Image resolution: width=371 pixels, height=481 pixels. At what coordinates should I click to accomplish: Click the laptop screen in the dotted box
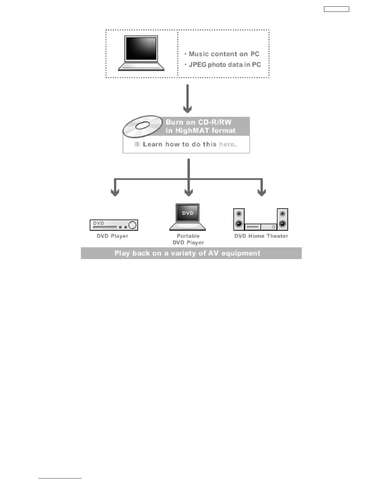coord(141,49)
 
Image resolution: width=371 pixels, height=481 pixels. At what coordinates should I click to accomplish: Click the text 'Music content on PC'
coord(224,54)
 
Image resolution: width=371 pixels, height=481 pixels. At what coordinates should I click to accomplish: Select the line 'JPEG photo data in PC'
coord(224,65)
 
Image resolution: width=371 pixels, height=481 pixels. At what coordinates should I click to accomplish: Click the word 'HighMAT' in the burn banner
coord(192,131)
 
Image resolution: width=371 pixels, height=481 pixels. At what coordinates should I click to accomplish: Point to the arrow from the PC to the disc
coord(188,99)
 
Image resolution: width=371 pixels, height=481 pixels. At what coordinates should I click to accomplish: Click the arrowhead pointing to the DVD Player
coord(115,192)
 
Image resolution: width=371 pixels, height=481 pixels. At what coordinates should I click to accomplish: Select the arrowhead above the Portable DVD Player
coord(189,192)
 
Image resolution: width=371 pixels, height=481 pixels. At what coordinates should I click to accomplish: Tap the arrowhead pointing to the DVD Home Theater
coord(262,192)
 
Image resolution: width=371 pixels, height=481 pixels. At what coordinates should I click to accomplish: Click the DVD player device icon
coord(114,225)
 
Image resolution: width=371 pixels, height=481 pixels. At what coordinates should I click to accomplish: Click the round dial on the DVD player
coord(132,225)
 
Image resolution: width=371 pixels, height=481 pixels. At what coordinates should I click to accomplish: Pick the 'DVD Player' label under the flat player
coord(112,236)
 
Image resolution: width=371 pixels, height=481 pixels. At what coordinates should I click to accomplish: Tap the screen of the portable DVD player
coord(188,213)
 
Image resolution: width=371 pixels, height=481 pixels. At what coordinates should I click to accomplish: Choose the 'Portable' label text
coord(188,236)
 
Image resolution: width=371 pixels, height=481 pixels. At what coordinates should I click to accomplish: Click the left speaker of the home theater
coord(239,219)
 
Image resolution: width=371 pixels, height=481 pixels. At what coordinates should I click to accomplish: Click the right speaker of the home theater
coord(282,219)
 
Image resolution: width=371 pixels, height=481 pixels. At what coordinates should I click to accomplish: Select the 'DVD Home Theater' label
coord(261,236)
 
